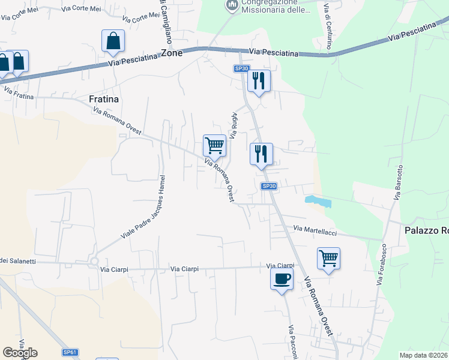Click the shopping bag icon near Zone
pyautogui.click(x=113, y=41)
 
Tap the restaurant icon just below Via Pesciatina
pyautogui.click(x=259, y=81)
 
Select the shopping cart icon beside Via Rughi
pyautogui.click(x=214, y=145)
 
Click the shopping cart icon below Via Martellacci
pyautogui.click(x=328, y=259)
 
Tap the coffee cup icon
pyautogui.click(x=282, y=279)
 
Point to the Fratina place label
pyautogui.click(x=104, y=99)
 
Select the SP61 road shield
pyautogui.click(x=70, y=352)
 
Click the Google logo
pyautogui.click(x=20, y=352)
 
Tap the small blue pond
pyautogui.click(x=318, y=201)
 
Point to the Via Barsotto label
pyautogui.click(x=398, y=182)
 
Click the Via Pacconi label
pyautogui.click(x=292, y=342)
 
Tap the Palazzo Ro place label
pyautogui.click(x=426, y=230)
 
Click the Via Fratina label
pyautogui.click(x=18, y=92)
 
